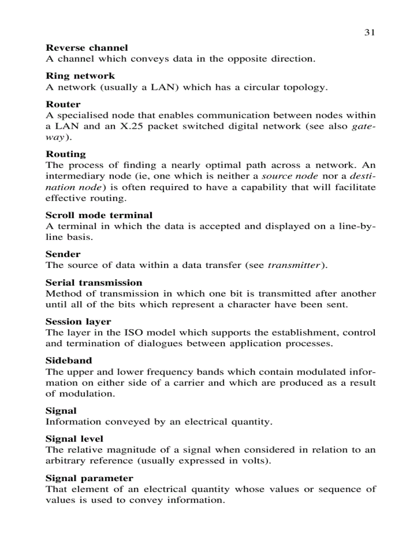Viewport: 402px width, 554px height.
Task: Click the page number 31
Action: coord(369,33)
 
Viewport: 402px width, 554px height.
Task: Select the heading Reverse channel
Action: coord(87,48)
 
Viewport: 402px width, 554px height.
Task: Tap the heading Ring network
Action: coord(80,76)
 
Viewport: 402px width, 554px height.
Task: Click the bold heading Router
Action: coord(63,104)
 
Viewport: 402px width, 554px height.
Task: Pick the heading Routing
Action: coord(66,154)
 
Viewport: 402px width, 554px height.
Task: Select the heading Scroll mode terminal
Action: coord(99,215)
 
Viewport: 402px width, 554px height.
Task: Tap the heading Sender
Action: coord(63,254)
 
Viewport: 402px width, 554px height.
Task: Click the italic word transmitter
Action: coord(294,265)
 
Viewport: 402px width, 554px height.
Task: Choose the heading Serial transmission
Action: coord(94,283)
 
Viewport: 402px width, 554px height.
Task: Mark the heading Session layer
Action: coord(78,322)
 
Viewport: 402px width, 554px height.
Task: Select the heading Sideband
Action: coord(69,361)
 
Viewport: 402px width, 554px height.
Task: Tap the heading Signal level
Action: coord(74,439)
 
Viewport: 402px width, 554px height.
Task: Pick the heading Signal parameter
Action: coord(89,478)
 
